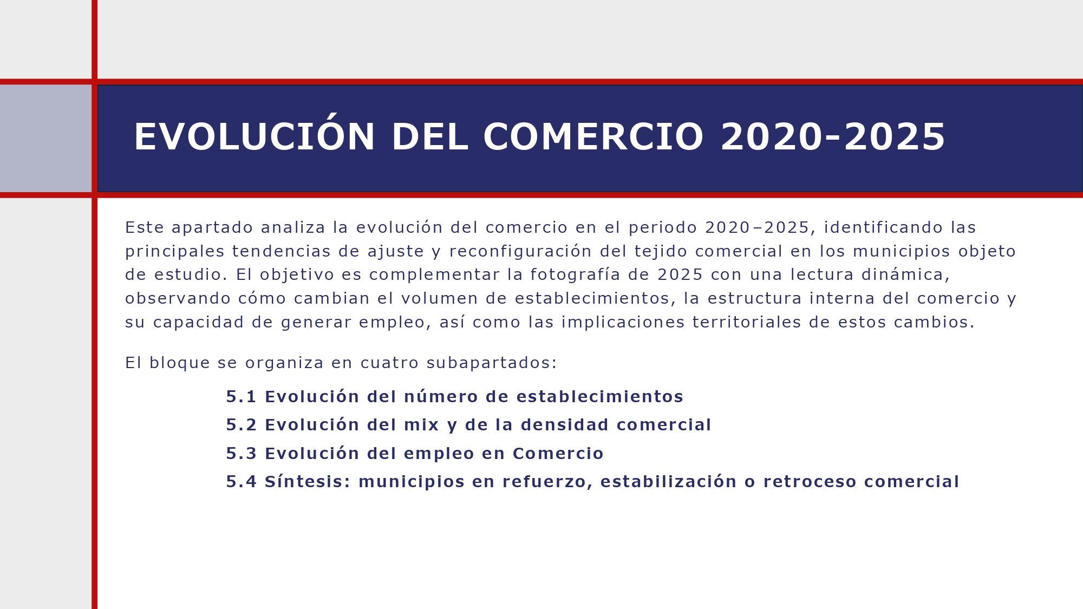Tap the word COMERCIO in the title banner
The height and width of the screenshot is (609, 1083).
pos(593,137)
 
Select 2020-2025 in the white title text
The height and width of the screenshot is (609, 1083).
pos(833,137)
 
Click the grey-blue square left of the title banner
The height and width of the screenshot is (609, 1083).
pos(45,138)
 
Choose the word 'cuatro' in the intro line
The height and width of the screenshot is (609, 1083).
pos(389,363)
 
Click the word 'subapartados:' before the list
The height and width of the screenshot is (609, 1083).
pos(492,363)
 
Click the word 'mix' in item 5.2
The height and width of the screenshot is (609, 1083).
pos(422,425)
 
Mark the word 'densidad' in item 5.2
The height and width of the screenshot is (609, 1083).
pos(564,425)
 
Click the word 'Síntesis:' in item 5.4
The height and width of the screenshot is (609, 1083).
pos(308,482)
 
